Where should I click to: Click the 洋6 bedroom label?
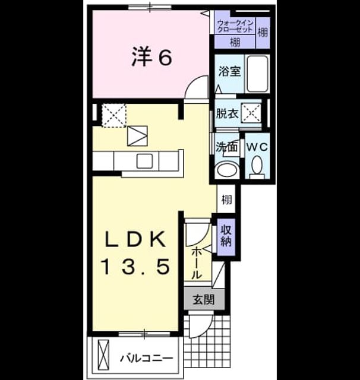151,57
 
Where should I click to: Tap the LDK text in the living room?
135,239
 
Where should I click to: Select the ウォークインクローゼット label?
235,26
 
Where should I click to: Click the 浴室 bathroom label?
229,71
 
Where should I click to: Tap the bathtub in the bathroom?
257,74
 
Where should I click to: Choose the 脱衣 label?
227,113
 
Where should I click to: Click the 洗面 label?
226,147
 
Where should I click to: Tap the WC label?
257,147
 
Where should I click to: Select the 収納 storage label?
226,236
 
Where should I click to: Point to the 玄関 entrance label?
204,299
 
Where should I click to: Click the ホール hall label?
197,264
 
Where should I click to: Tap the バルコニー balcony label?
147,358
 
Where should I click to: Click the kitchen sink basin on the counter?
145,161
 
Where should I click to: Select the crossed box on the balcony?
103,354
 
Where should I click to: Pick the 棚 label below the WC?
226,199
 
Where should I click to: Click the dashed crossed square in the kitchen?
113,115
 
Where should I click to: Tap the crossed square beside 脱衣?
251,113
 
